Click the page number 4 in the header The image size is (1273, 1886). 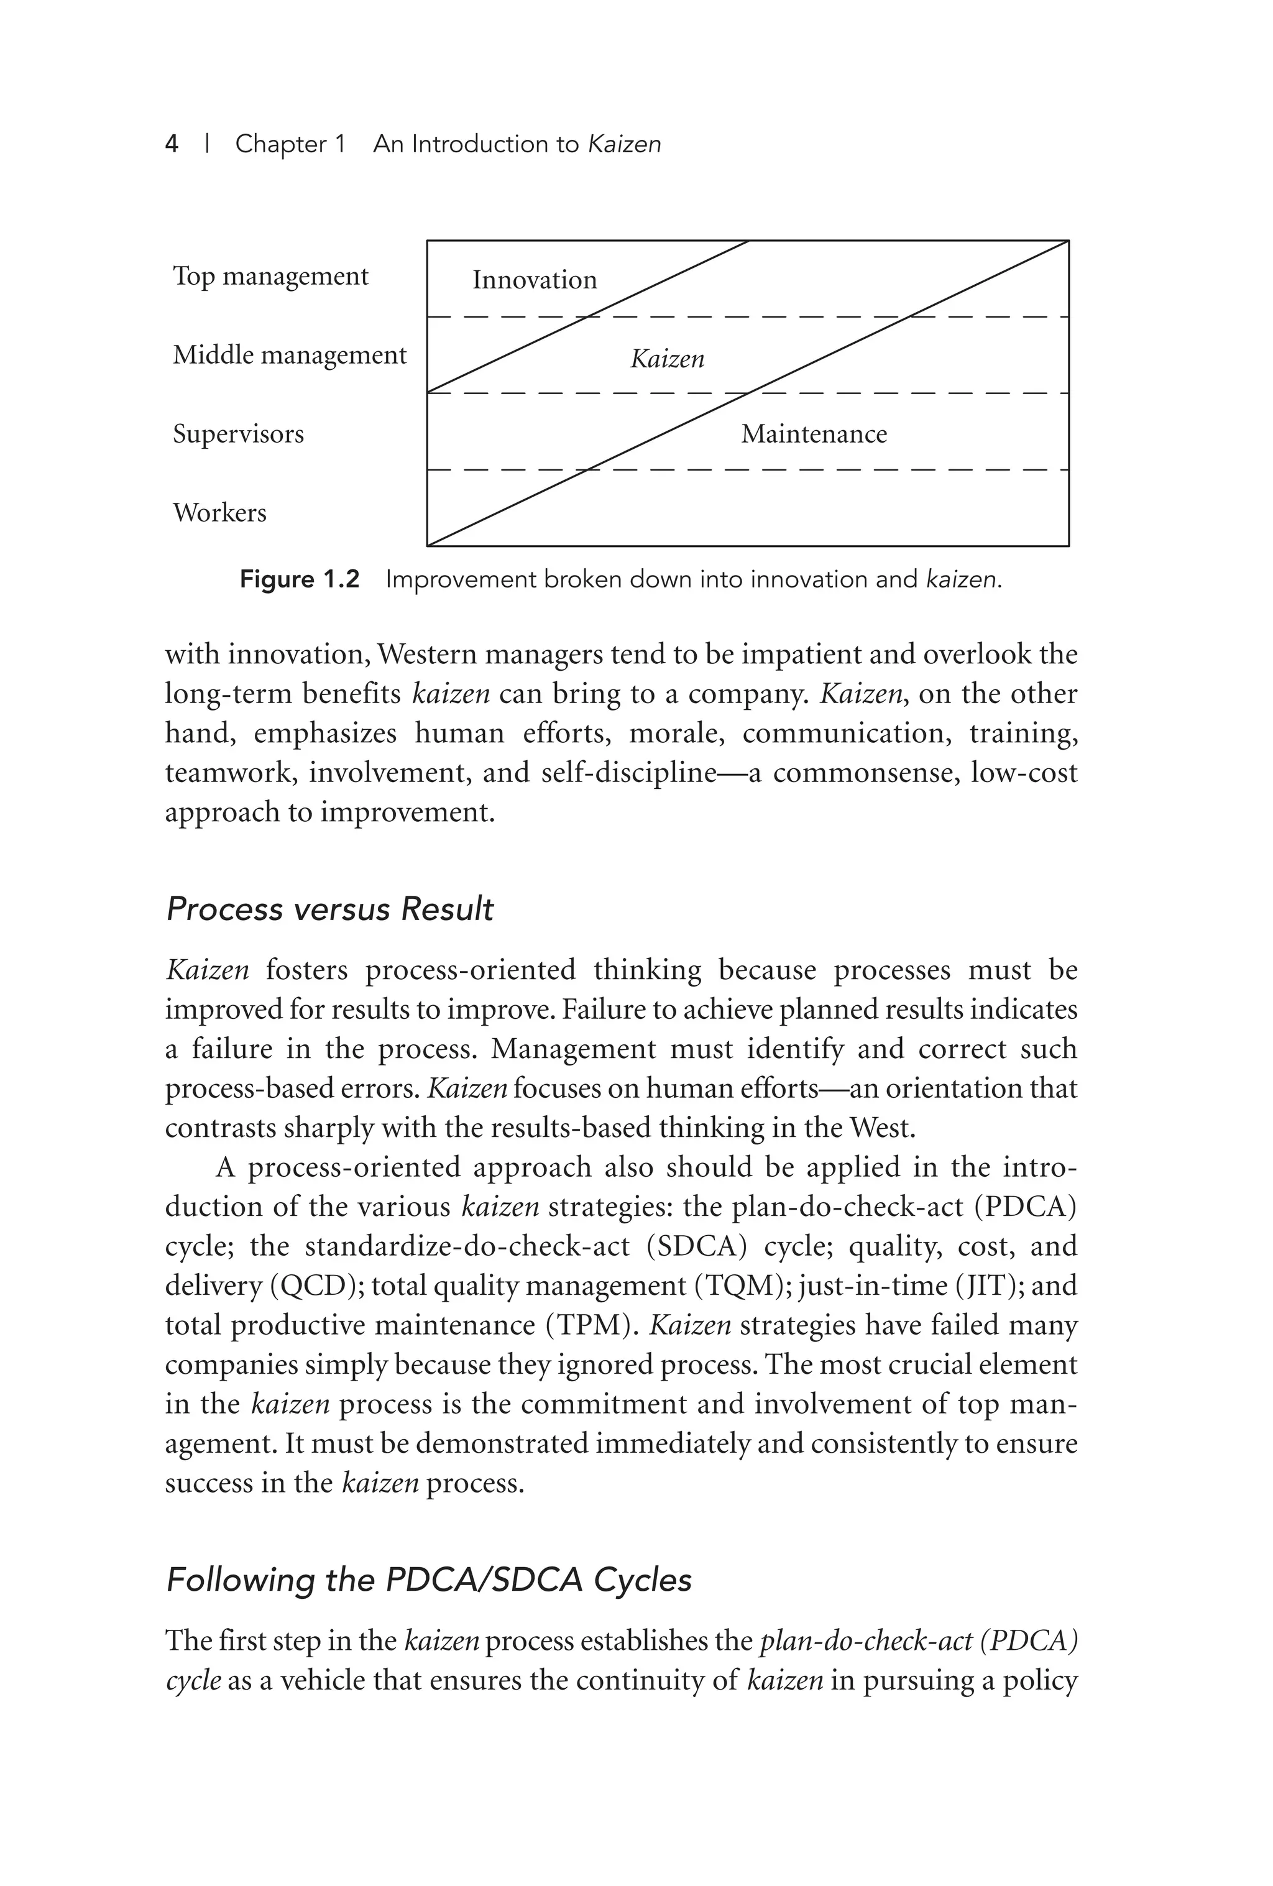[171, 144]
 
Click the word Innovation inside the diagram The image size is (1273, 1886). [534, 280]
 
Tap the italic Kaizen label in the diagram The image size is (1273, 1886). [667, 359]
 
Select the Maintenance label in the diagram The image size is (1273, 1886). [813, 434]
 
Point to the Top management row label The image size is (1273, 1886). [270, 276]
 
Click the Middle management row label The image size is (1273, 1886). [289, 355]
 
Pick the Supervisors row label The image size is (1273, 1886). [237, 433]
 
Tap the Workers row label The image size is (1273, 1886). [219, 513]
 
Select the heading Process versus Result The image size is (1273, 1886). [329, 909]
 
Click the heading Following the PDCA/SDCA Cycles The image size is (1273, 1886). [428, 1580]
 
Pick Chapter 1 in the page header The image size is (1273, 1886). [290, 144]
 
